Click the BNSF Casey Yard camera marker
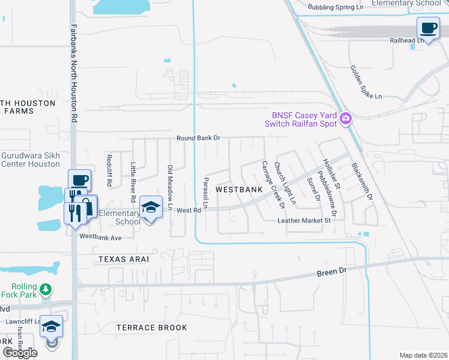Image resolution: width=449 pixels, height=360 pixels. click(345, 118)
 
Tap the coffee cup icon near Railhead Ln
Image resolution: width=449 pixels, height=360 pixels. click(429, 28)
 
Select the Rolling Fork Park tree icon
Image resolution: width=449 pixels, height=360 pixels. click(46, 290)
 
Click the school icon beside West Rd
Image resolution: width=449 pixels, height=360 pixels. click(151, 208)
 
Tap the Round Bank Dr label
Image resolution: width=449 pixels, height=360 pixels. click(199, 138)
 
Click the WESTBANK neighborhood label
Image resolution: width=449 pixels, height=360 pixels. click(239, 190)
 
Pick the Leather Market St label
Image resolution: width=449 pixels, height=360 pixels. click(304, 221)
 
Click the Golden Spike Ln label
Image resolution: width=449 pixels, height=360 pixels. click(366, 82)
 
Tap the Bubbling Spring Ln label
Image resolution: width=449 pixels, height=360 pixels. click(336, 7)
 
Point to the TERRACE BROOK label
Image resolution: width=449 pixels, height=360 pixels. click(152, 328)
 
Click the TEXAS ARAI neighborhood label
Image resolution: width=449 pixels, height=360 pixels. click(123, 259)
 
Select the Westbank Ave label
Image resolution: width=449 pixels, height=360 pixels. click(101, 238)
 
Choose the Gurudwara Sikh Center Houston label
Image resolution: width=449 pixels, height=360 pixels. click(30, 159)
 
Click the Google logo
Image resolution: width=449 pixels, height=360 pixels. click(20, 353)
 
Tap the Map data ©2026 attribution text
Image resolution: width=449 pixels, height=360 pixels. click(423, 355)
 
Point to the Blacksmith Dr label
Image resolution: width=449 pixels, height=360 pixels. click(362, 181)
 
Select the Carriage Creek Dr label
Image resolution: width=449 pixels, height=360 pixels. click(273, 184)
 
